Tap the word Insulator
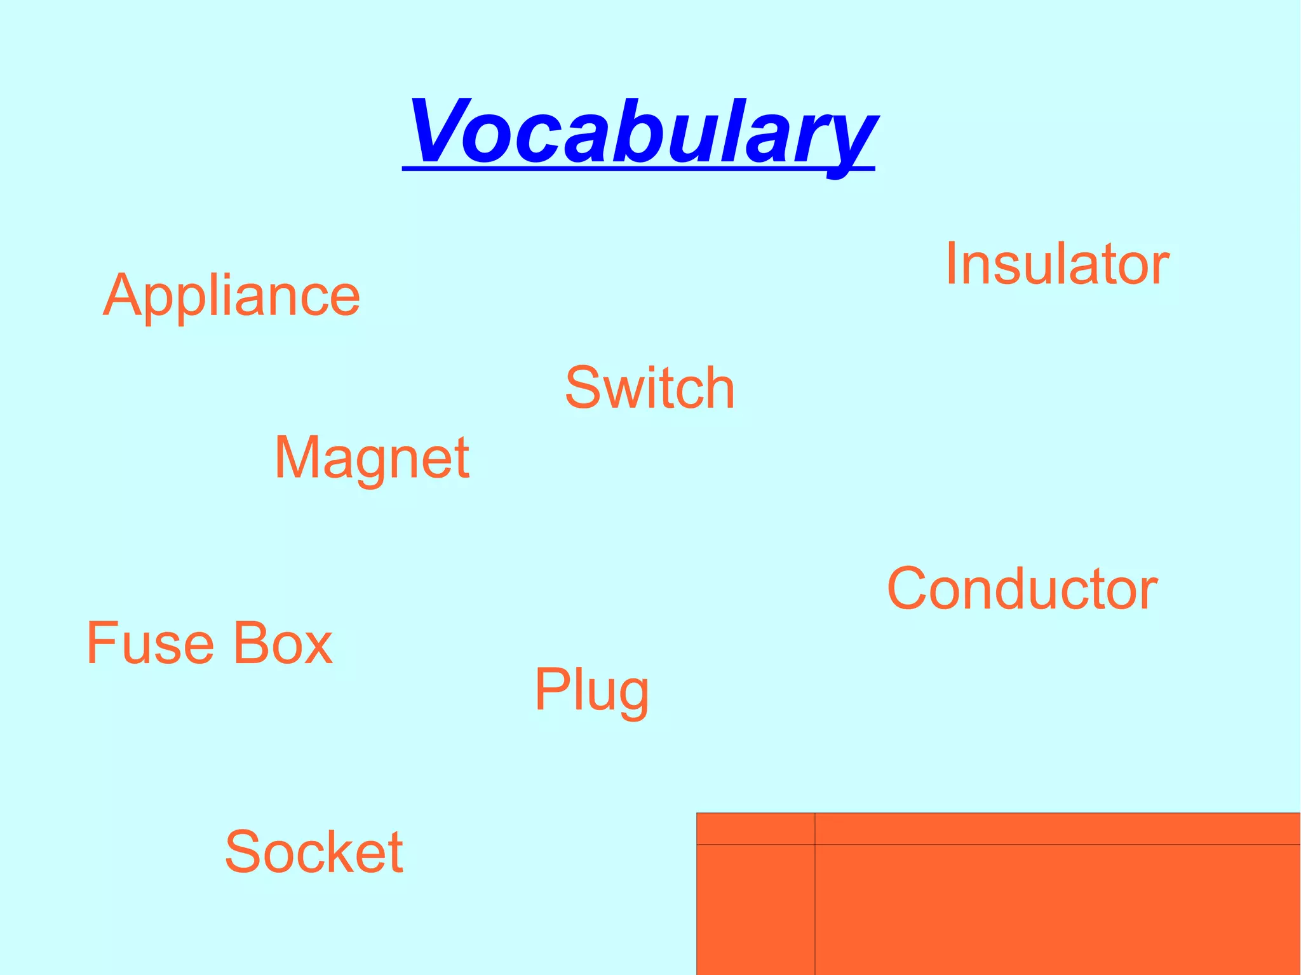pyautogui.click(x=1057, y=264)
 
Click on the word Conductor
pyautogui.click(x=1021, y=589)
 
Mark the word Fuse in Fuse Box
pyautogui.click(x=150, y=643)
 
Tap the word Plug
pyautogui.click(x=591, y=690)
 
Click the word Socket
pyautogui.click(x=314, y=851)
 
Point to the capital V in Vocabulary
pyautogui.click(x=438, y=131)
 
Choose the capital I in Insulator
pyautogui.click(x=951, y=264)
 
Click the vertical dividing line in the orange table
pyautogui.click(x=814, y=908)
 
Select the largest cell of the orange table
pyautogui.click(x=1057, y=910)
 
